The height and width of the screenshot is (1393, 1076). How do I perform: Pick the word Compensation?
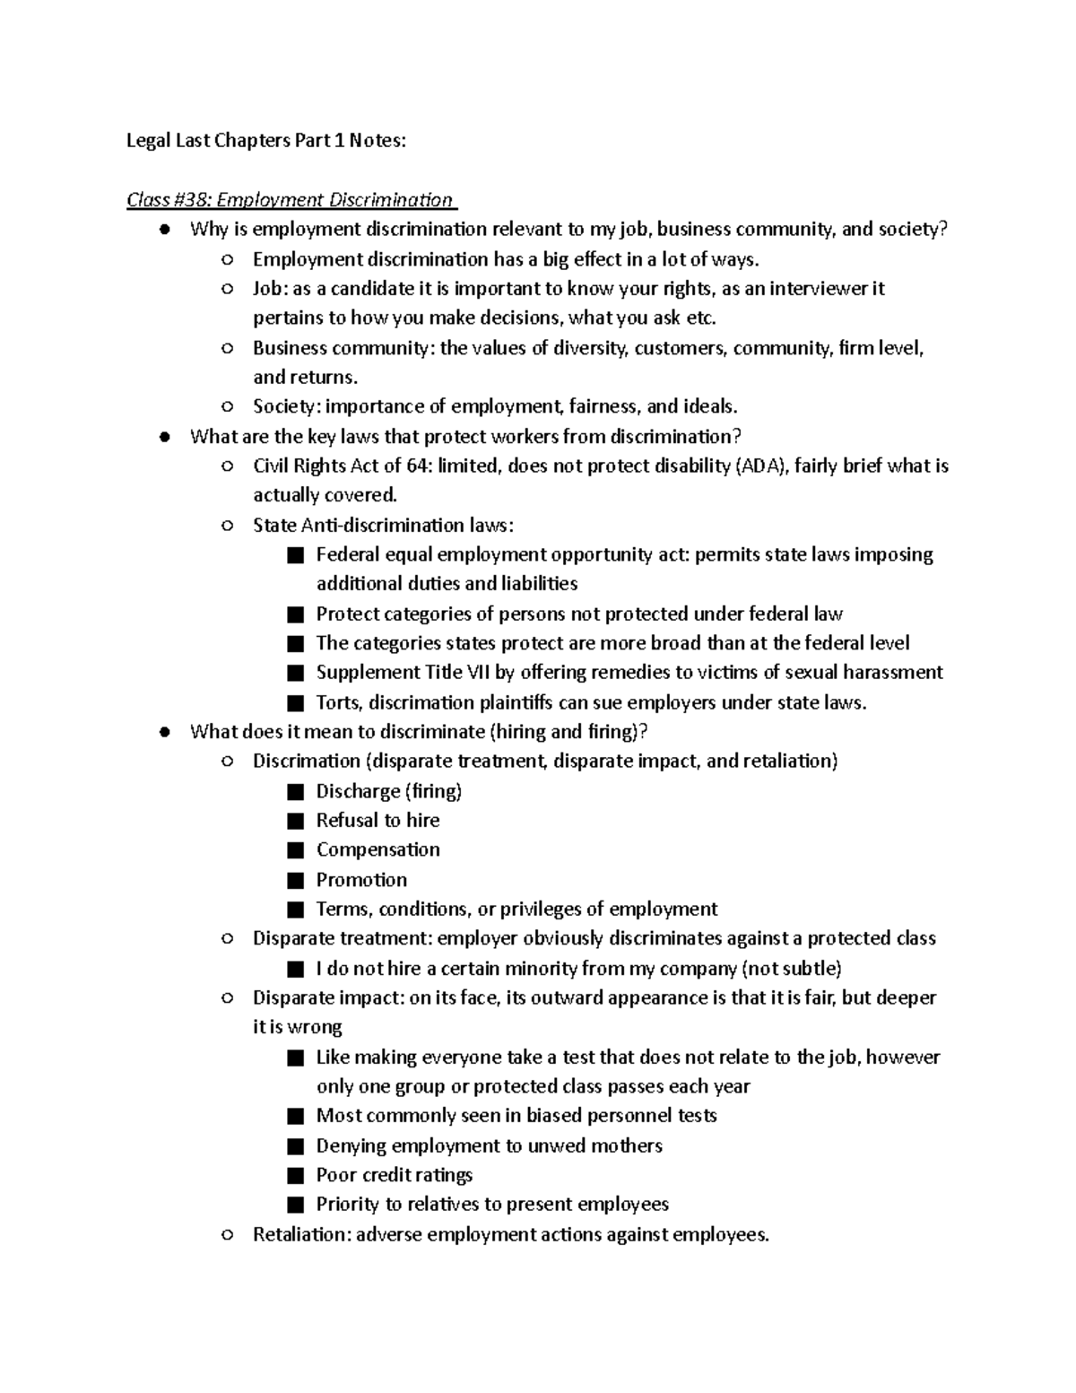pyautogui.click(x=377, y=849)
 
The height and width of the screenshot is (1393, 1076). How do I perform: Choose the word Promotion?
pyautogui.click(x=361, y=880)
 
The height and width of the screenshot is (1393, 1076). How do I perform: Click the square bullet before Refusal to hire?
pyautogui.click(x=296, y=821)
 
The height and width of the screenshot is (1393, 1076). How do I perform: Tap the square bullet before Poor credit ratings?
pyautogui.click(x=296, y=1176)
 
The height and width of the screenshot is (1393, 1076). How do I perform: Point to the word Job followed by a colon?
pyautogui.click(x=267, y=289)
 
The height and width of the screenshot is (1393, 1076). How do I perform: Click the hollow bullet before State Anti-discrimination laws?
pyautogui.click(x=227, y=526)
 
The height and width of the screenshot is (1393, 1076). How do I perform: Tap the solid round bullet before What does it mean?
pyautogui.click(x=164, y=732)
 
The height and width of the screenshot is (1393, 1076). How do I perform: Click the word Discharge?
pyautogui.click(x=358, y=791)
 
